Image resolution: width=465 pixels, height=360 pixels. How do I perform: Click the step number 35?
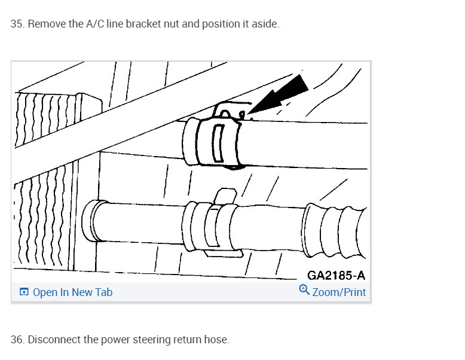pos(17,24)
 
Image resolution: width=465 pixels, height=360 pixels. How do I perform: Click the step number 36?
pos(17,340)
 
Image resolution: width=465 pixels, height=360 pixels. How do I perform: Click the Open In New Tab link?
pos(72,292)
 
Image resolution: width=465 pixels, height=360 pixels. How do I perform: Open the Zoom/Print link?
pos(339,292)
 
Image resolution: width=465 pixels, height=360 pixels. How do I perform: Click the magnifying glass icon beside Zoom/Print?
pos(304,289)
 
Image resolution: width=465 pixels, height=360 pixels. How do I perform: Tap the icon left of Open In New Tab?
pos(24,292)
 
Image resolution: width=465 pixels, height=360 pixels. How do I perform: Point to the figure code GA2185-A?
pos(336,276)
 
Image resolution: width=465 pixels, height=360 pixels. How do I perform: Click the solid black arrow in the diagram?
pos(278,94)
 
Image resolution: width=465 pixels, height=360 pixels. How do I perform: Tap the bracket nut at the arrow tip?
pos(242,115)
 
